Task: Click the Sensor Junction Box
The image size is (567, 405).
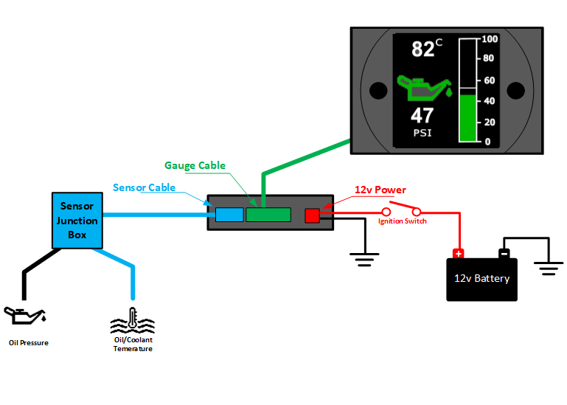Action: (77, 220)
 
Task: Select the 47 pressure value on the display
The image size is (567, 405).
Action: (422, 116)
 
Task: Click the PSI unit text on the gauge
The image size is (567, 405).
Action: (422, 134)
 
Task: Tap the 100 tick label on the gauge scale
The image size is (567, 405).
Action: (491, 38)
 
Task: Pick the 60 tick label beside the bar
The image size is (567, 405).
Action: (489, 80)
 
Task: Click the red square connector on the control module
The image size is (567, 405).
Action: (312, 215)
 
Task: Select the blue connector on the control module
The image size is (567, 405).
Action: (229, 215)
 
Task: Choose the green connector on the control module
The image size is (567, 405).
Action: (268, 215)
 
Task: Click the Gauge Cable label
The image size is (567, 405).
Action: (195, 165)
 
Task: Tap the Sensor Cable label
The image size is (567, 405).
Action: (144, 187)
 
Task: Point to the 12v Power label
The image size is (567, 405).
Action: (380, 190)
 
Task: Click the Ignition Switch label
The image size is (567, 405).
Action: (402, 221)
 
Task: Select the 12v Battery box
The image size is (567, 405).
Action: (481, 279)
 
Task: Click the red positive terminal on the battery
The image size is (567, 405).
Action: (458, 254)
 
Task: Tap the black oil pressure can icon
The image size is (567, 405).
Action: (25, 315)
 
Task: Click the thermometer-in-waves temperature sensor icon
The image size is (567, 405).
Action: (132, 322)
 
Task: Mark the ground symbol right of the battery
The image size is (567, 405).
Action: (548, 269)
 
